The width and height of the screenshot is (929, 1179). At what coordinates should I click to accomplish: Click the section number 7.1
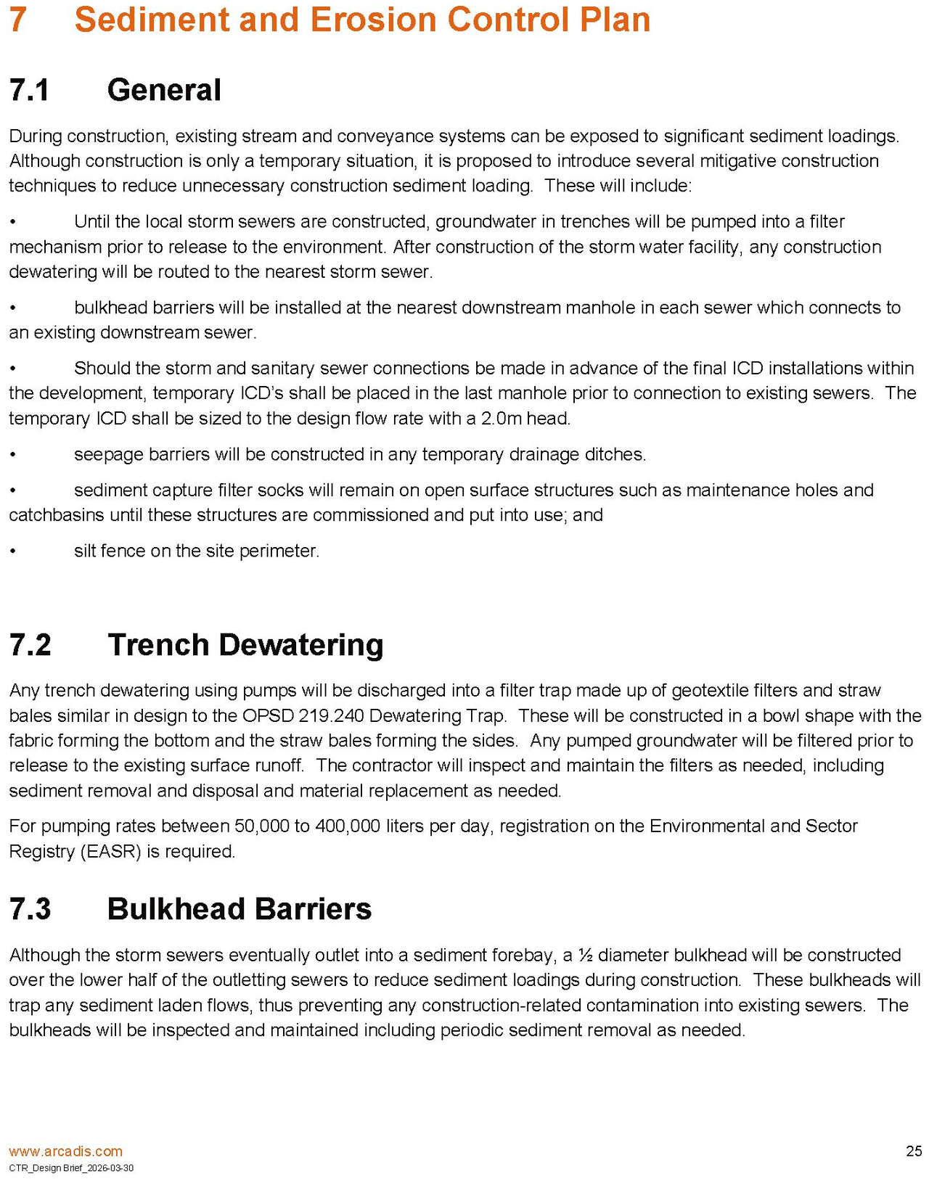30,91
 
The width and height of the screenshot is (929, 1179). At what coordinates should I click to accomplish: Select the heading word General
164,91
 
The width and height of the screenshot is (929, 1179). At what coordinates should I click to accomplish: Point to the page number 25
914,1151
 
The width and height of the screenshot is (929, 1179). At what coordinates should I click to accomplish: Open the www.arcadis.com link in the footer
65,1151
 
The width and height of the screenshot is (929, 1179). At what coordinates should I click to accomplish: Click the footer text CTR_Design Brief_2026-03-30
71,1168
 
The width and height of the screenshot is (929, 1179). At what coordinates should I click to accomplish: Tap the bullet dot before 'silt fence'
12,551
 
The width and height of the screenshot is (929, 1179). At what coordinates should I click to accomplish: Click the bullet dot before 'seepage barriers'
12,455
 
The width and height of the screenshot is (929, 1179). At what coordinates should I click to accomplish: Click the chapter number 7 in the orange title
19,20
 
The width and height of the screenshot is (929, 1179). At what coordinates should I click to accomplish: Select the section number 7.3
30,909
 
